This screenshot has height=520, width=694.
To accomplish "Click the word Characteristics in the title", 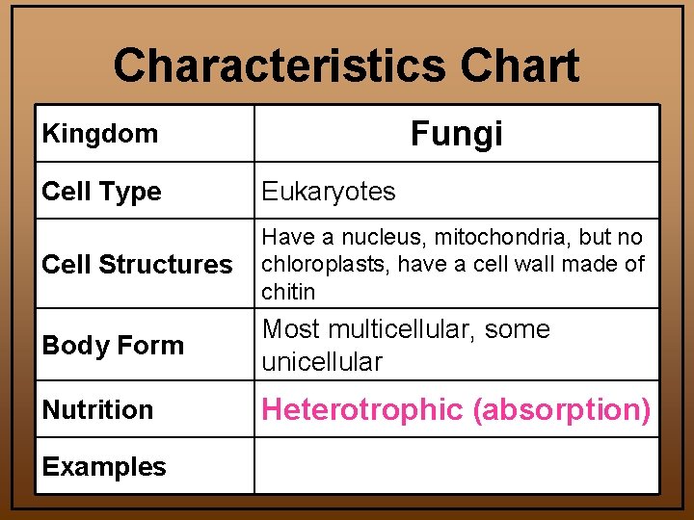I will (280, 66).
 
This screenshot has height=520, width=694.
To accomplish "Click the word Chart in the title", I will (520, 66).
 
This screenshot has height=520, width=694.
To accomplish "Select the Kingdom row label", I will (100, 134).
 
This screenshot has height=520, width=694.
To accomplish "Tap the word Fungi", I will (456, 134).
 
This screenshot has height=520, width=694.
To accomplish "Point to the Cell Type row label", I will (101, 192).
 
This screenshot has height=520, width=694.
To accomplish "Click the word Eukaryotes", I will (329, 192).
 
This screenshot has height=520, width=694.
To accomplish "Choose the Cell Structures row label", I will (137, 265).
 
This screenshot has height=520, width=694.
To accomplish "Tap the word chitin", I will (288, 291).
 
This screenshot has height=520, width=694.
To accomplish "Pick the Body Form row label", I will (113, 345).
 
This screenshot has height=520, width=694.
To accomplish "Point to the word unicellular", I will (322, 362).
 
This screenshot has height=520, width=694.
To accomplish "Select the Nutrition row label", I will (97, 410).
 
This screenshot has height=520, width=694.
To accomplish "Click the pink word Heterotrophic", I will (362, 410).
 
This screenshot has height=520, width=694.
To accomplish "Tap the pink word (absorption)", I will (561, 410).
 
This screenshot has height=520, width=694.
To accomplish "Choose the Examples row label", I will (104, 467).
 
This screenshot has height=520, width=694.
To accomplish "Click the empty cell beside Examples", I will (456, 466).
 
